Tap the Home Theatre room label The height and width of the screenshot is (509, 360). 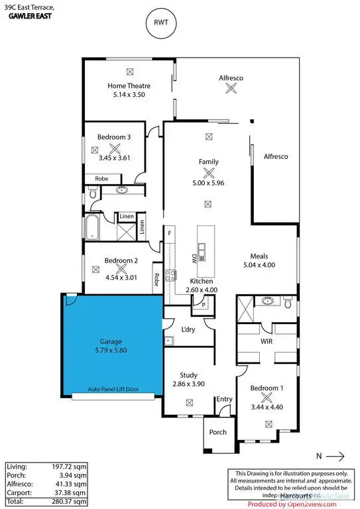[129, 85]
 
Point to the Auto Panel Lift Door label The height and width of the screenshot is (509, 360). [113, 390]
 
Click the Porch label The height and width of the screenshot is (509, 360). [217, 432]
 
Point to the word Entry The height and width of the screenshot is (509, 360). [225, 398]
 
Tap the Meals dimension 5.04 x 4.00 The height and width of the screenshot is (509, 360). [258, 265]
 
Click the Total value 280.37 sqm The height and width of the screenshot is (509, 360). [72, 502]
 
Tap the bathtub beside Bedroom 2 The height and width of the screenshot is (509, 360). [90, 228]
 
